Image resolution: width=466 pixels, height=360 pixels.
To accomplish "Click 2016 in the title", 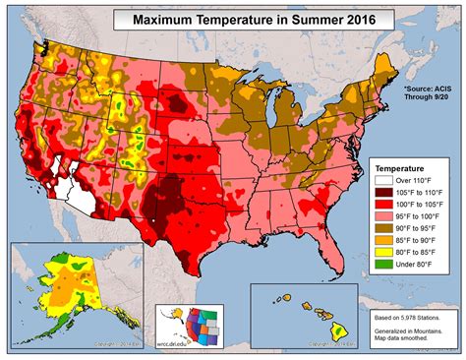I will (x=341, y=19).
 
